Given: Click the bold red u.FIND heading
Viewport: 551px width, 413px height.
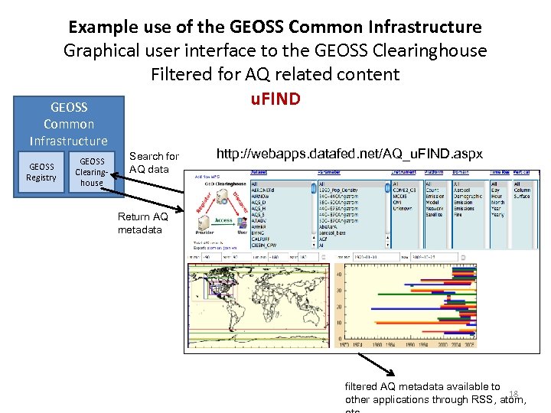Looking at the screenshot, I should click(x=275, y=99).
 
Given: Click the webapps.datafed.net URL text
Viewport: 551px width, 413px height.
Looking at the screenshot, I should click(x=349, y=154).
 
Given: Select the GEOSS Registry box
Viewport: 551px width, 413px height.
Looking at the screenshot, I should click(x=41, y=172).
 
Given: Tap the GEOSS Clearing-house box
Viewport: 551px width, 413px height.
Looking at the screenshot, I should click(x=92, y=172).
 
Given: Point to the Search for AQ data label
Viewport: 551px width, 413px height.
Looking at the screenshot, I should click(x=154, y=162).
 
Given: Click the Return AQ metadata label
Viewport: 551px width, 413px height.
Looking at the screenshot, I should click(x=142, y=223).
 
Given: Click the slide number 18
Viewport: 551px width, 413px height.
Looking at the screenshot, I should click(x=514, y=392).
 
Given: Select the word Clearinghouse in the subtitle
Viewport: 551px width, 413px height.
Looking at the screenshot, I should click(x=435, y=50).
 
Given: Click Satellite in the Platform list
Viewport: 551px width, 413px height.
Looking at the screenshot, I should click(x=434, y=215).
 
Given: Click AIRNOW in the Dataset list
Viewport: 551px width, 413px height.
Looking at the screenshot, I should click(x=262, y=197).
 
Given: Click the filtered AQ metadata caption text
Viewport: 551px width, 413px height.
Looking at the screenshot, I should click(x=423, y=387).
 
